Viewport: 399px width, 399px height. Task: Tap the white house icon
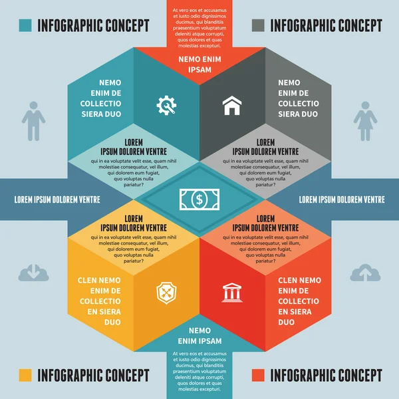(x=232, y=104)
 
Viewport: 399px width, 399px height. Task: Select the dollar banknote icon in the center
(x=199, y=198)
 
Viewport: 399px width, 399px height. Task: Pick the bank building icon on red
(x=232, y=292)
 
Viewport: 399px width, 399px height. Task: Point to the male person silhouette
(x=33, y=121)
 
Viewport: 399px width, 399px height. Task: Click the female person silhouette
(x=365, y=121)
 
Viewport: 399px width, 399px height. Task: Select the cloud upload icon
(x=365, y=272)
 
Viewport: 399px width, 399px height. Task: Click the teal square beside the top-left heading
(x=26, y=26)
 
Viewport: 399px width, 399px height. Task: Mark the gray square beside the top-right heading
(x=259, y=26)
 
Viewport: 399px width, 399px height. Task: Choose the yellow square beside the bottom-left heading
(x=26, y=375)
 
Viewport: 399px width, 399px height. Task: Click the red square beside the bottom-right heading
(x=259, y=375)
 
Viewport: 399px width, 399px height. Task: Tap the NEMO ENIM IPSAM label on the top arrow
(x=199, y=64)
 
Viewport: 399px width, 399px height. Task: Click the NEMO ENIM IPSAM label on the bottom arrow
(x=199, y=336)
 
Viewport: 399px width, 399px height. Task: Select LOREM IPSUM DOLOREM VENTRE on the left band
(x=57, y=199)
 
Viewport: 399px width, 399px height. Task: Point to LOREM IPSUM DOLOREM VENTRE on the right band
(x=342, y=199)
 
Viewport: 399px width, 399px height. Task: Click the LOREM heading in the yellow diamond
(x=134, y=218)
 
